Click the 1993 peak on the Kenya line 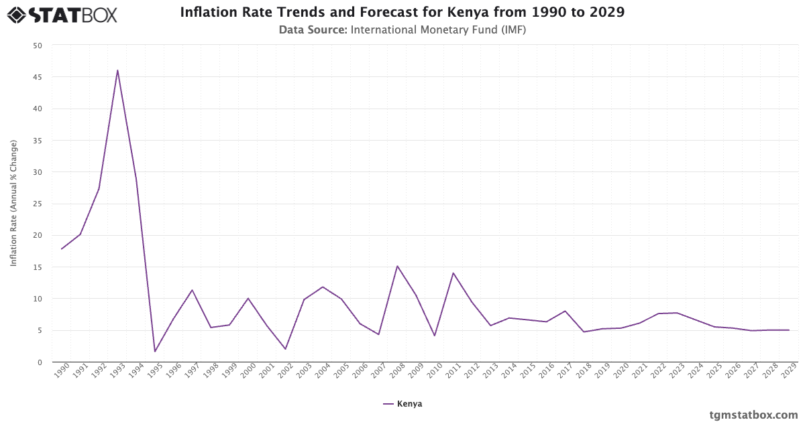coord(117,70)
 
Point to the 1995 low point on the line coord(155,352)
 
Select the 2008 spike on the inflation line coord(397,266)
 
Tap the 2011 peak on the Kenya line coord(453,273)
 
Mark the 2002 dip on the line coord(285,349)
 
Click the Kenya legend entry coord(402,404)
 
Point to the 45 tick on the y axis coord(38,77)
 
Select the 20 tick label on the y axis coord(38,235)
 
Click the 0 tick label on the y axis coord(40,362)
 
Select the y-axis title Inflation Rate coord(13,204)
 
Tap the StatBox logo coord(62,14)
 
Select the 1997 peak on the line coord(192,290)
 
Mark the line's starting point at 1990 coord(62,249)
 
